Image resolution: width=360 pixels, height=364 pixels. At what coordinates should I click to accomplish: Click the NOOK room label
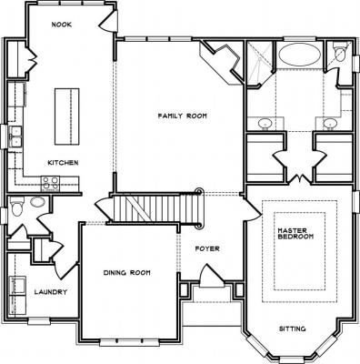62,25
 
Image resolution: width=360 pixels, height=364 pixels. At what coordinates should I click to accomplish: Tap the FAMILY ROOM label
183,116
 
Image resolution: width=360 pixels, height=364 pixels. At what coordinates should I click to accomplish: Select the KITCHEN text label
63,163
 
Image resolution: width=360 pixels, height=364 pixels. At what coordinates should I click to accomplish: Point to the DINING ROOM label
126,273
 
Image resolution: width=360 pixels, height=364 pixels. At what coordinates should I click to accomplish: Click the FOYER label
207,249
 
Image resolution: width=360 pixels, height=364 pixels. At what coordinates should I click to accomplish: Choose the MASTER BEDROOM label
295,234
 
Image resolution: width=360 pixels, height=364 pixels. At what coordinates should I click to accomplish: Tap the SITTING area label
292,329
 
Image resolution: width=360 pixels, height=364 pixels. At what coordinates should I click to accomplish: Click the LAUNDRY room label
51,292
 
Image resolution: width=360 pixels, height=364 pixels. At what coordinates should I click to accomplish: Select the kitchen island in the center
67,116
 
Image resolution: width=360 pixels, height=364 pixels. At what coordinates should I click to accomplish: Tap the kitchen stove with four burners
50,184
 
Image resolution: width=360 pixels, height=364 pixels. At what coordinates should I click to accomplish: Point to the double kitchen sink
15,136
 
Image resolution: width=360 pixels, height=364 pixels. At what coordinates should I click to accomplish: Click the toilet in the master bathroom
339,51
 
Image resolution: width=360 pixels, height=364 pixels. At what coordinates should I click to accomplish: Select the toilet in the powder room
17,206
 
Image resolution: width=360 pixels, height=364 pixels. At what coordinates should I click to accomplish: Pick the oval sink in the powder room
38,202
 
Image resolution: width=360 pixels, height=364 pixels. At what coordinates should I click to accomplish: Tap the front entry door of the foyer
212,277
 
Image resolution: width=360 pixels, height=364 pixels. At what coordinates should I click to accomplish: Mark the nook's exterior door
109,21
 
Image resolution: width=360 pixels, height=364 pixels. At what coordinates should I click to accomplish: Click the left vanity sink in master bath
265,124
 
